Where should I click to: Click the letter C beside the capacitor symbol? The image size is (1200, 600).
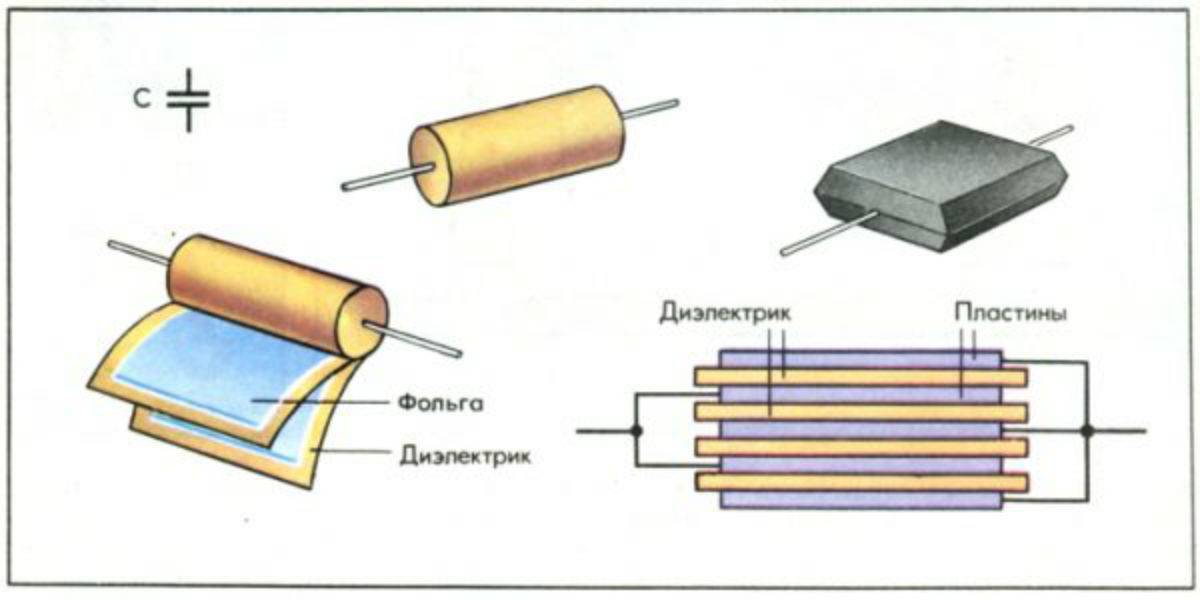(146, 99)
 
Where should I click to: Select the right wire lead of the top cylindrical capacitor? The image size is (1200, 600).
(652, 107)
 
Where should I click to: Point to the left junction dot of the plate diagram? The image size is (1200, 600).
(636, 431)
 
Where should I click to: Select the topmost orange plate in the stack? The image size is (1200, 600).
(860, 377)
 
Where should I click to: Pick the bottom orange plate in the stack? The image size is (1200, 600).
(860, 483)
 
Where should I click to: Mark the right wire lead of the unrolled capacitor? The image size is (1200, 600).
(420, 340)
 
